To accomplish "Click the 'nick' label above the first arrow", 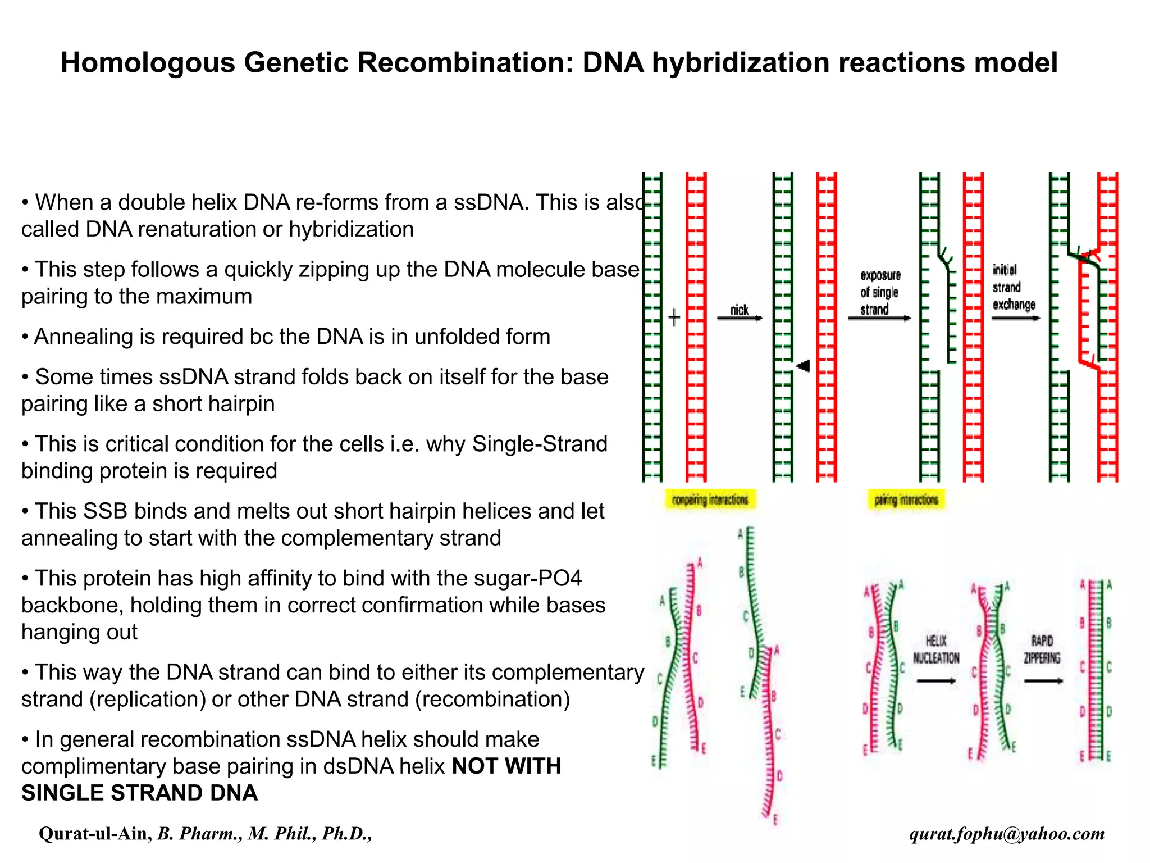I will (x=739, y=310).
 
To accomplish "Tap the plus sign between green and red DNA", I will (x=674, y=317).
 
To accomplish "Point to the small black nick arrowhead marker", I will (x=803, y=366).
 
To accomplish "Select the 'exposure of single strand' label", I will (x=880, y=292).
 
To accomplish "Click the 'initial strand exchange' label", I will (x=1013, y=287).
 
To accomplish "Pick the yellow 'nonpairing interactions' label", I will (x=710, y=499).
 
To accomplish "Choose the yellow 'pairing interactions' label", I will (x=906, y=499).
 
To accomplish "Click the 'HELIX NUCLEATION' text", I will (x=935, y=649).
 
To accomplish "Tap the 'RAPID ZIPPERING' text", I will (x=1042, y=649).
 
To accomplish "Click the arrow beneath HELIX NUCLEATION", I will (x=936, y=681).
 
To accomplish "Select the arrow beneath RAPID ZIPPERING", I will (x=1043, y=681).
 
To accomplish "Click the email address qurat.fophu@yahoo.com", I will (x=1007, y=833).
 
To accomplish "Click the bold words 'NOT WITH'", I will (x=506, y=766).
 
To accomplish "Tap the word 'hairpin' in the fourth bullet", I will (x=239, y=403).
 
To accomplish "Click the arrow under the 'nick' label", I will (x=739, y=319).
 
